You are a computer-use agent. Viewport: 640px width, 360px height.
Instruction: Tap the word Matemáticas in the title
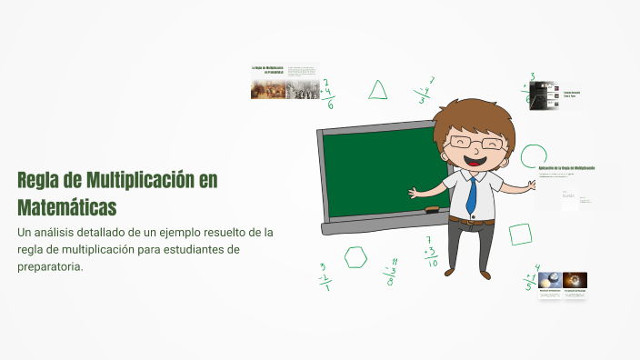67,207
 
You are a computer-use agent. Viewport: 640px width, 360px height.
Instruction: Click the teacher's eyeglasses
473,144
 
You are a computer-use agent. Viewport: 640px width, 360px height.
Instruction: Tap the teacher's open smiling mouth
474,162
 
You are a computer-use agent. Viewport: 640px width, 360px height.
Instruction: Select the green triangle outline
377,90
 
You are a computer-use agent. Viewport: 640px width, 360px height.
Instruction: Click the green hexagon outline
355,257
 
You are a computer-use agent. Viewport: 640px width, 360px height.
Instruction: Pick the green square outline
520,235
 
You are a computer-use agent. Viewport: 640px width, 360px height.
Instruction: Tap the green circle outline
534,155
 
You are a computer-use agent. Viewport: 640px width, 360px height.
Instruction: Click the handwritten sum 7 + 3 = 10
431,253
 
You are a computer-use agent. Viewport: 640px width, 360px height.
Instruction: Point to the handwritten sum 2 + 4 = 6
328,93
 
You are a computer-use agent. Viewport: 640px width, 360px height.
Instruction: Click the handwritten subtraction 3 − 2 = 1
325,276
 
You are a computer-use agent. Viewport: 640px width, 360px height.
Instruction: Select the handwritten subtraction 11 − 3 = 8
391,271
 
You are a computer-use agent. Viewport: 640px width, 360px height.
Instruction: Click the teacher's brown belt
472,220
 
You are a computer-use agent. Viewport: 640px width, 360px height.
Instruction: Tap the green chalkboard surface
382,173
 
